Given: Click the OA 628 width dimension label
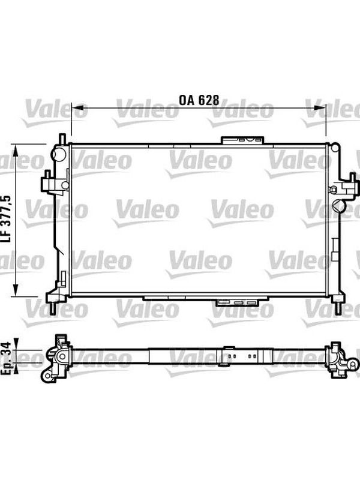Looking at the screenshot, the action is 199,100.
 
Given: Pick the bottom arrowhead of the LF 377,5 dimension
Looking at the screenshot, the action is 16,290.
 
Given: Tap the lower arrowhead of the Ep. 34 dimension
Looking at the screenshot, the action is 17,368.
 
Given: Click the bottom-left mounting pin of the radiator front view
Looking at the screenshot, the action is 53,308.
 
